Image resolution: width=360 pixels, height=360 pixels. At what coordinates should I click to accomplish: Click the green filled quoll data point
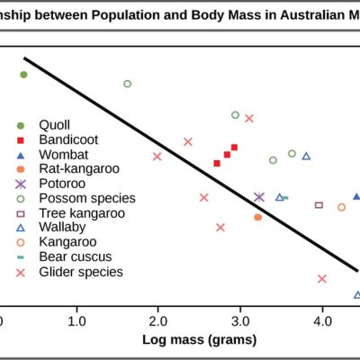[x=23, y=75]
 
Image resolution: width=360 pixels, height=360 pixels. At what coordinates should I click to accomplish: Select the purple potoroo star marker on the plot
[x=259, y=197]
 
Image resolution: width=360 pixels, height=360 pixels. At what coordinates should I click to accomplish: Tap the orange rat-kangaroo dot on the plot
[x=257, y=217]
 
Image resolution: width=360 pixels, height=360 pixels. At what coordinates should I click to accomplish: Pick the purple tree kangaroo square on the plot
[x=319, y=205]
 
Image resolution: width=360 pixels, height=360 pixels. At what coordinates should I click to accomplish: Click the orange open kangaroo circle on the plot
[x=341, y=207]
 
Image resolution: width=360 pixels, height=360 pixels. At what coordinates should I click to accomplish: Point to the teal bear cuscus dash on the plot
[x=285, y=198]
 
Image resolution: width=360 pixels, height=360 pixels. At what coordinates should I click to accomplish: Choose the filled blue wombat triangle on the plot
[x=356, y=196]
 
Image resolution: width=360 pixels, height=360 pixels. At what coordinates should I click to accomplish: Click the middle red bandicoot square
[x=227, y=155]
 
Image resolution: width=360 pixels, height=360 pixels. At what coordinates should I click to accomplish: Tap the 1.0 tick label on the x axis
[x=76, y=321]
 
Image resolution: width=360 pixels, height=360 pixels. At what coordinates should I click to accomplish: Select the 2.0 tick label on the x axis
[x=158, y=321]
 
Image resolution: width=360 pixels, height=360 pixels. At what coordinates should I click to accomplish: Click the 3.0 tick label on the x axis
[x=240, y=321]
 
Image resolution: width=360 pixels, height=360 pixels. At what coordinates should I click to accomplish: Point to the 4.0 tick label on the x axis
[x=322, y=321]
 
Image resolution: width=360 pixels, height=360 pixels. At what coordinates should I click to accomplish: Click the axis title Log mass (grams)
[x=200, y=340]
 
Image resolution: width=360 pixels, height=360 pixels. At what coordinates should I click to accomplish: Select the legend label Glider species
[x=81, y=272]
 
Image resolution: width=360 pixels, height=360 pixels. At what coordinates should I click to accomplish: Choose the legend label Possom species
[x=87, y=198]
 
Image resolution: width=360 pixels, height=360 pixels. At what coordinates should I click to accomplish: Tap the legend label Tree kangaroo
[x=82, y=213]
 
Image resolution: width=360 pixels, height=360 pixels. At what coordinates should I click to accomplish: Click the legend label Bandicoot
[x=68, y=139]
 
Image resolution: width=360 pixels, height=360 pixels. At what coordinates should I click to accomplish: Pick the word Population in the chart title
[x=125, y=15]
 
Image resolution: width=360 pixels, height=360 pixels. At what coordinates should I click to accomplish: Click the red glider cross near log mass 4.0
[x=322, y=279]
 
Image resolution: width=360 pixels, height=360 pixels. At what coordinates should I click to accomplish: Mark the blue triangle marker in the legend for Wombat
[x=21, y=156]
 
